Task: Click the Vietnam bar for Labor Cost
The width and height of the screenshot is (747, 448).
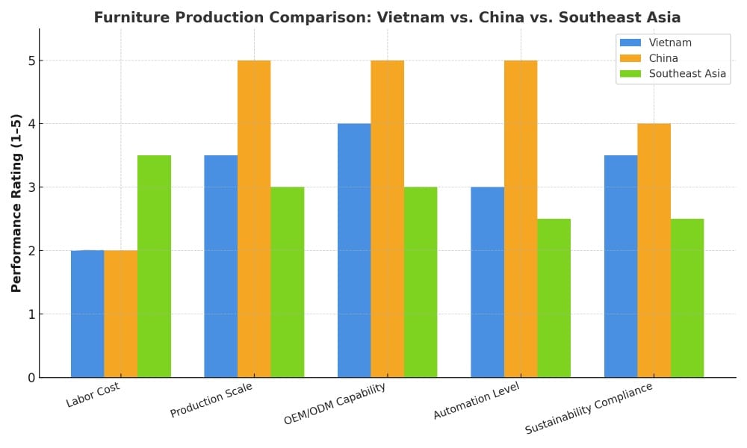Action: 87,314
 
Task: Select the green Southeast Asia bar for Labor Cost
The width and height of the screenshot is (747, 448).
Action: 154,267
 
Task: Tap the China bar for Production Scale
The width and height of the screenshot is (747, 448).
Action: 254,219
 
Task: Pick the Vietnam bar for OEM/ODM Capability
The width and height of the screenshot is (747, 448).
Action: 354,250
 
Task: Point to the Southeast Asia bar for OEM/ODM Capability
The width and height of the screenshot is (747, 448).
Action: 421,282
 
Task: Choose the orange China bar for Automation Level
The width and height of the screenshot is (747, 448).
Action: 521,219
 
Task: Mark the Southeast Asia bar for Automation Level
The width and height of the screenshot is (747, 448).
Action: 554,298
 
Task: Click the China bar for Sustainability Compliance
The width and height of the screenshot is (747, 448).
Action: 654,250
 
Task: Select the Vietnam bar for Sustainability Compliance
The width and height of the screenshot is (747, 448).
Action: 621,267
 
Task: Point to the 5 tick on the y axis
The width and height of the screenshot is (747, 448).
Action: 31,60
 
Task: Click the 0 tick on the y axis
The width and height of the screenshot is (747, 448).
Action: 31,378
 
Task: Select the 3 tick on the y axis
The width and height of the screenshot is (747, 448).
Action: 31,187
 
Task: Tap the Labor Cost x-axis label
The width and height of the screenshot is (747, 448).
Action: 93,394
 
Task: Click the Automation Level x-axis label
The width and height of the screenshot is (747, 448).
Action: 476,401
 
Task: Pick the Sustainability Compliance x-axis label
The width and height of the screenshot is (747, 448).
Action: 589,408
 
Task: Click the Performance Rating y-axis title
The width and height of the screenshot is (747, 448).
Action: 16,203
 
